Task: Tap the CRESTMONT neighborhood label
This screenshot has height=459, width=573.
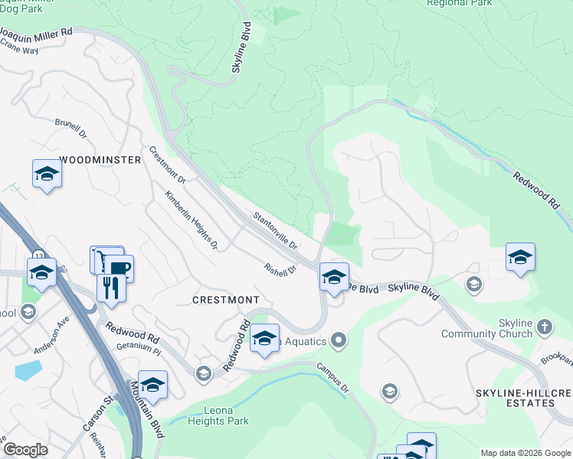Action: click(x=226, y=299)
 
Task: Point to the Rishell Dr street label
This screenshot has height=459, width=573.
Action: click(x=280, y=270)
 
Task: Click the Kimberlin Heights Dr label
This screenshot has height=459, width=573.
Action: click(x=192, y=220)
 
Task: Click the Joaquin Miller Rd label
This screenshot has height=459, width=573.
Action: click(x=36, y=33)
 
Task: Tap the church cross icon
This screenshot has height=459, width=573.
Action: click(x=545, y=327)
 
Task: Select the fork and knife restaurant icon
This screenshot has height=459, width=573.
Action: click(x=111, y=287)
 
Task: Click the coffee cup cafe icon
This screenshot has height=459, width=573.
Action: click(x=121, y=268)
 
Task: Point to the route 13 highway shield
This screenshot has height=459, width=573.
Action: click(x=38, y=255)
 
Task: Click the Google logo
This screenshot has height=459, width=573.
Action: click(x=25, y=450)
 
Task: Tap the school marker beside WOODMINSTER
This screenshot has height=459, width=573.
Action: click(x=47, y=174)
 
